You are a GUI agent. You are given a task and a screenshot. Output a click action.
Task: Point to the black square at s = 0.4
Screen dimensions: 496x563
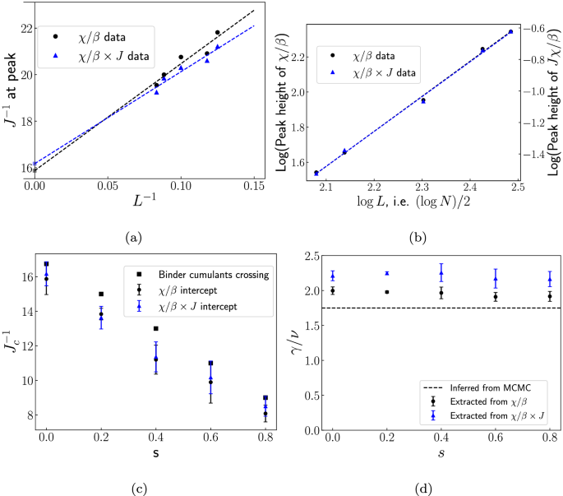(156, 329)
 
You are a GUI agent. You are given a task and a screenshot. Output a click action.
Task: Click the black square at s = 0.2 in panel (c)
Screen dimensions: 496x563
(101, 294)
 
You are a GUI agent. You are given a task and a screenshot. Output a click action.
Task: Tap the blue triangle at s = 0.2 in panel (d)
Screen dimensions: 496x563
(386, 273)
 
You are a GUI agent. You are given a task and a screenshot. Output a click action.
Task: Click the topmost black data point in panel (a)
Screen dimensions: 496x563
(218, 33)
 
